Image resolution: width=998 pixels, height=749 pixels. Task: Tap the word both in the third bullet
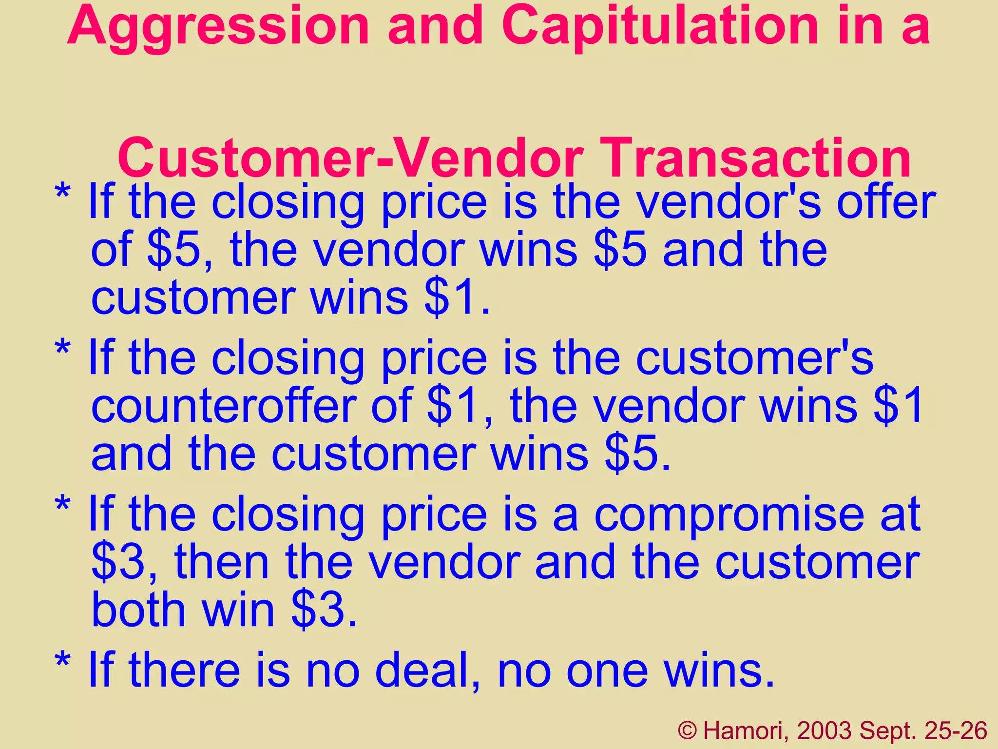(x=138, y=610)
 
